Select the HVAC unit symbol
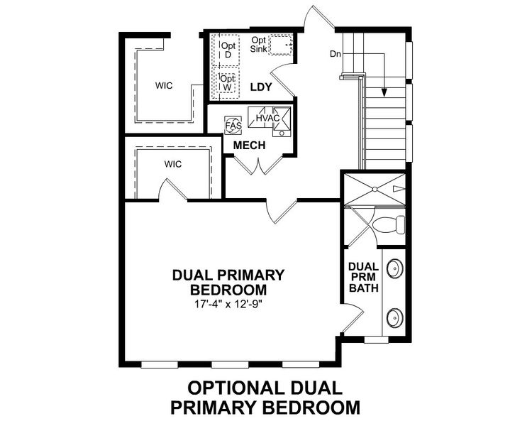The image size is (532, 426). point(267,118)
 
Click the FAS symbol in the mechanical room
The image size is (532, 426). point(233,126)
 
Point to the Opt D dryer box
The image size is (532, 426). point(228,50)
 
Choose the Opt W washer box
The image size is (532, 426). point(227,82)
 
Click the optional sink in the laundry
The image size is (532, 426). point(282,44)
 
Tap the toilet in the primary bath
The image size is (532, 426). point(389,225)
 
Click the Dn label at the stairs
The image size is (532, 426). point(337,54)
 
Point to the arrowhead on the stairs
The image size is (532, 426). point(384,91)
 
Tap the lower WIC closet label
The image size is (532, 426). point(173,164)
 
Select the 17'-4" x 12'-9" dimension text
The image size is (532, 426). point(228,303)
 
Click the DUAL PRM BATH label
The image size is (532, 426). point(362,278)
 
